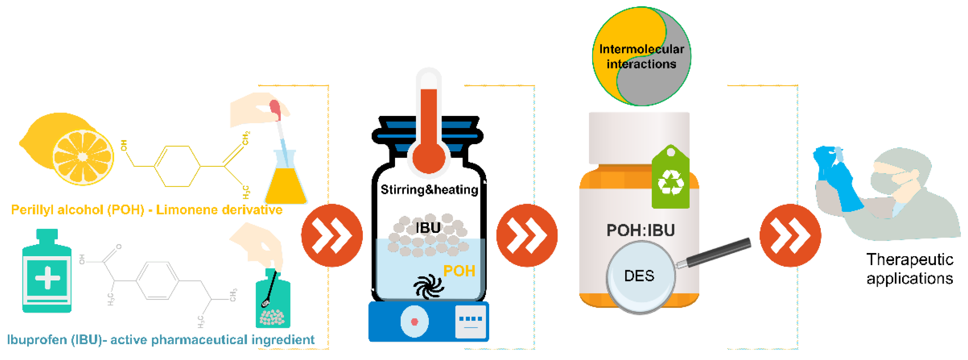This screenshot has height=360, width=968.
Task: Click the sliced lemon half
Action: [83, 157]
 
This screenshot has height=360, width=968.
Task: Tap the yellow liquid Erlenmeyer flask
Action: [286, 186]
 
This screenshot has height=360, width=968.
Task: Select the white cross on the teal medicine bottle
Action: [47, 278]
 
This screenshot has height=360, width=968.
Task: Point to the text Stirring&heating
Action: [429, 190]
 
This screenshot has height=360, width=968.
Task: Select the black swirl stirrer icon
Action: [429, 287]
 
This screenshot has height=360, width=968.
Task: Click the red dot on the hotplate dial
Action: [415, 322]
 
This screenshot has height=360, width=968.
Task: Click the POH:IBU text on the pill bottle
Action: [640, 230]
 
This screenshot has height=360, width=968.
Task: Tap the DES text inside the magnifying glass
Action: [639, 276]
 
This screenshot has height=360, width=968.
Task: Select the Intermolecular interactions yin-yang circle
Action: [641, 56]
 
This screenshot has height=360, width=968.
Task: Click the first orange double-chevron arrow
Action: [332, 236]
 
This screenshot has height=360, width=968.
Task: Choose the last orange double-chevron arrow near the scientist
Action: [790, 236]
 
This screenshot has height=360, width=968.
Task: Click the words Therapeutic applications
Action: [909, 269]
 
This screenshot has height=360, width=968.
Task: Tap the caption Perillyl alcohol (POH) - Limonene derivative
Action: [147, 210]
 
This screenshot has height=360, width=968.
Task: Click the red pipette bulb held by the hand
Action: [275, 108]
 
